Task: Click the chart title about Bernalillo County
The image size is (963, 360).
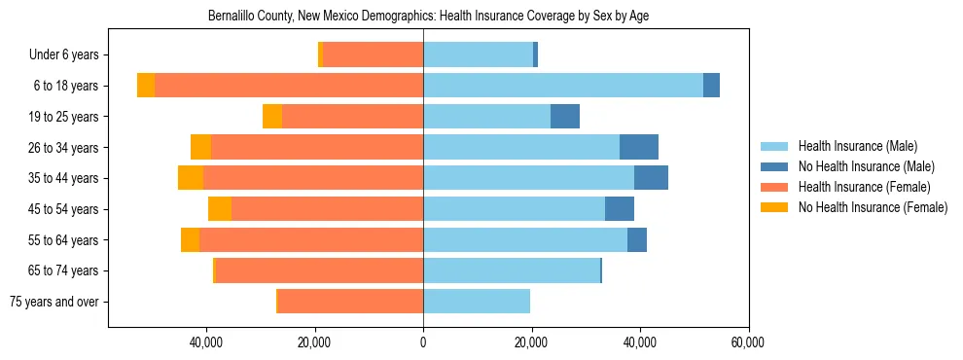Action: [x=428, y=16]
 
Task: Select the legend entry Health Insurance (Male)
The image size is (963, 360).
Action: [x=856, y=146]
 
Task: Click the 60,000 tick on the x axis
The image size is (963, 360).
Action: [x=748, y=342]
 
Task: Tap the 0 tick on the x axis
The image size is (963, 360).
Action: [x=423, y=342]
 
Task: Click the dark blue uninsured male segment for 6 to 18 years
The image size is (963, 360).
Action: [x=711, y=86]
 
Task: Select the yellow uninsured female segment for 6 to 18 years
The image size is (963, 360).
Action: [x=146, y=86]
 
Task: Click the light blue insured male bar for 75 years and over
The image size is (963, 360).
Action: [x=477, y=302]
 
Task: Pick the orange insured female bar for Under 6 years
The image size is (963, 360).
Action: [x=373, y=54]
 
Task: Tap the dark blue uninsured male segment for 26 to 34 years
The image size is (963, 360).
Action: [x=639, y=147]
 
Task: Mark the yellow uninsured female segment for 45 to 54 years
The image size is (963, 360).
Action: [x=220, y=209]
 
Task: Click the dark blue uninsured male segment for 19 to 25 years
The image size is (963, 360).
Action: [x=565, y=117]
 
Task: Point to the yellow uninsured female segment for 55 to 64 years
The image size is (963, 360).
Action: [x=190, y=239]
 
